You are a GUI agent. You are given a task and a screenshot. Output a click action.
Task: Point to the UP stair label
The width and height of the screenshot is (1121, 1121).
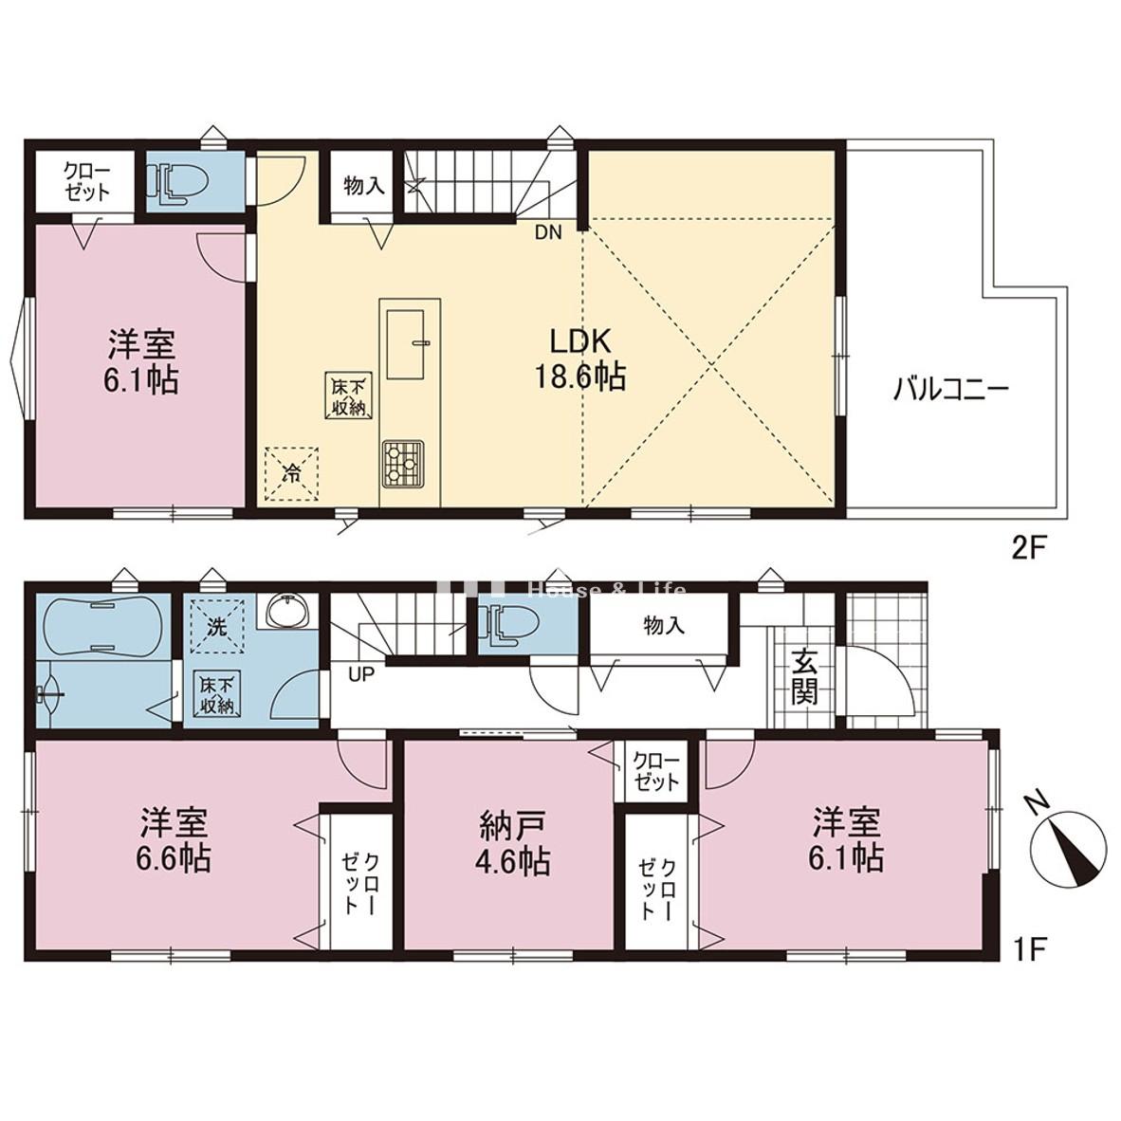[361, 674]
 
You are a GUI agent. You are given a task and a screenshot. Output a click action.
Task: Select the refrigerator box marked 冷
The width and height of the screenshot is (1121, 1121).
[291, 473]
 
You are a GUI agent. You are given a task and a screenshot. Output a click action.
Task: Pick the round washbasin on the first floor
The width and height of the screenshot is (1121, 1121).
[288, 614]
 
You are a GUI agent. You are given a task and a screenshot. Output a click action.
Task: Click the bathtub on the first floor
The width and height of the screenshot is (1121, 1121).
[101, 627]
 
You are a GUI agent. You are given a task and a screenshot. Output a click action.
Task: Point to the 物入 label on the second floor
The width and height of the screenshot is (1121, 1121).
[363, 186]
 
